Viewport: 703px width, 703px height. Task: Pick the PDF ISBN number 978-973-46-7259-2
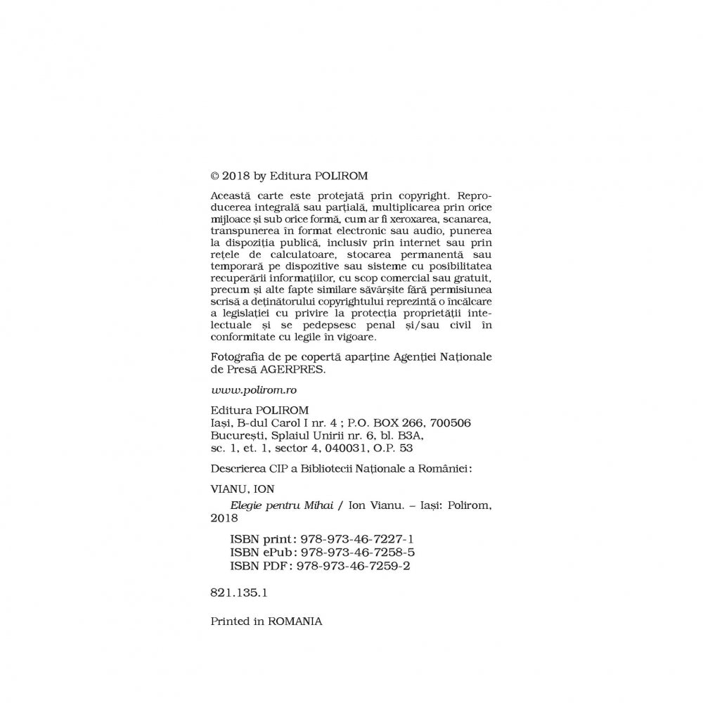354,565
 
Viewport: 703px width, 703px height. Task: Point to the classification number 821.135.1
239,593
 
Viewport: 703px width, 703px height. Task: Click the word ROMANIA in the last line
296,621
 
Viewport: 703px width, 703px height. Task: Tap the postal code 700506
446,423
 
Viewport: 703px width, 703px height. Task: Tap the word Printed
231,621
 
